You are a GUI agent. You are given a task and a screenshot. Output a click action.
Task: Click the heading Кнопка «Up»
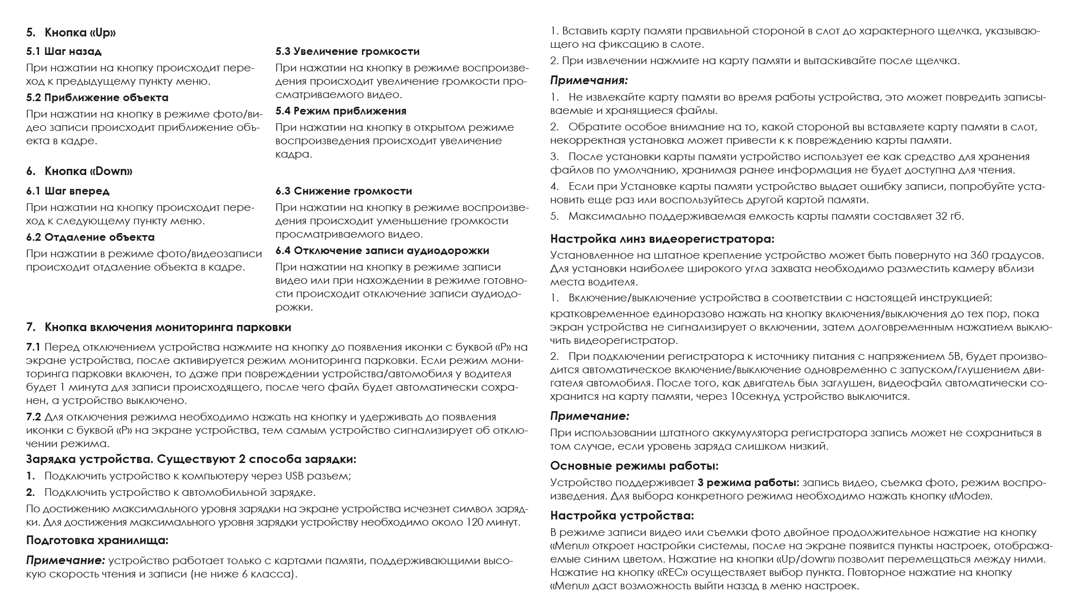click(x=80, y=33)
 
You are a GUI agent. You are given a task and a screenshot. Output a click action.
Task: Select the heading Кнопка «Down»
click(x=88, y=171)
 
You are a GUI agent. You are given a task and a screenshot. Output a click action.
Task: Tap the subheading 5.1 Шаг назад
click(x=64, y=52)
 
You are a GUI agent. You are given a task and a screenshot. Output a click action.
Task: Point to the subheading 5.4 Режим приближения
click(x=341, y=111)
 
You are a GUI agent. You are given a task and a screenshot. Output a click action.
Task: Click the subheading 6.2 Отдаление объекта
click(x=90, y=238)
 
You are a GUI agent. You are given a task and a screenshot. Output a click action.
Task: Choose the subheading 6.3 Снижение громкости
click(x=343, y=191)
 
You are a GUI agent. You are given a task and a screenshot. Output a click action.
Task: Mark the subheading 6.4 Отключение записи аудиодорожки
click(x=382, y=251)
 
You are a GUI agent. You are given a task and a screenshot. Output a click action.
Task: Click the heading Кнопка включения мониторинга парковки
click(x=168, y=328)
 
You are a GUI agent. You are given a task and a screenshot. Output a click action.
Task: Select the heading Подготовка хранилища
click(x=97, y=541)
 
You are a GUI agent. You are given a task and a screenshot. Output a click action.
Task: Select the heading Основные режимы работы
click(x=634, y=466)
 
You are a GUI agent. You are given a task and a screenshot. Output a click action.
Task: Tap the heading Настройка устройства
click(x=622, y=515)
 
